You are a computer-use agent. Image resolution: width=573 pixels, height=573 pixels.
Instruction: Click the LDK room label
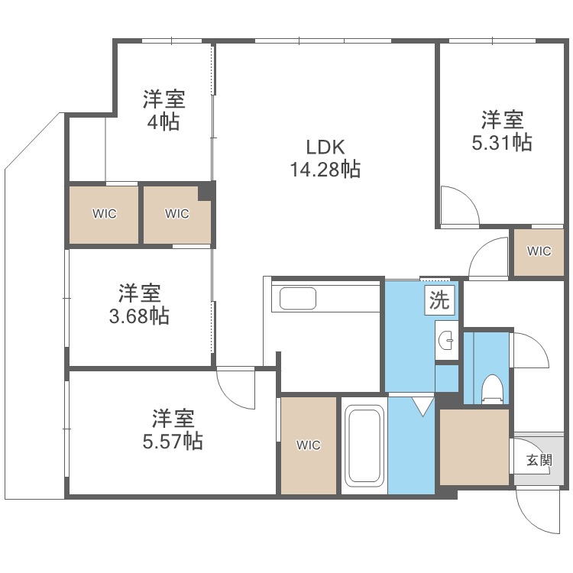point(325,147)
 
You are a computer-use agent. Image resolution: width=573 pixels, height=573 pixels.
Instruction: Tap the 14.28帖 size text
point(325,169)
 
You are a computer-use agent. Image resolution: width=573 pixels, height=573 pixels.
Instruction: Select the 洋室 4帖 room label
point(163,110)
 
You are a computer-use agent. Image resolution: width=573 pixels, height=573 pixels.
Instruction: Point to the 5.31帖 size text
point(502,142)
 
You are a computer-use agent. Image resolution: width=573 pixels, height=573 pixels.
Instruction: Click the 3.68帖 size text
point(139,316)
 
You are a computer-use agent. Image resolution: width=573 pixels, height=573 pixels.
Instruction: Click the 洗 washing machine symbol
point(439,300)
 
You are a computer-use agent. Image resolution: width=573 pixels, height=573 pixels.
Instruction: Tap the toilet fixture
point(490,389)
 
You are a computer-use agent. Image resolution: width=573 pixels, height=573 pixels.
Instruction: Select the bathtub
point(364,446)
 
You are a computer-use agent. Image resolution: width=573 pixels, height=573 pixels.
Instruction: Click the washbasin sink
point(446,341)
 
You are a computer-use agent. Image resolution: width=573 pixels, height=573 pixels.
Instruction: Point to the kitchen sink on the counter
point(298,298)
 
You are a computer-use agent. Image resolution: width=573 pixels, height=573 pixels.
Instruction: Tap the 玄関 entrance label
point(539,460)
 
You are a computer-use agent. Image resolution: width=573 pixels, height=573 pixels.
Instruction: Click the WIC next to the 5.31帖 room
point(539,251)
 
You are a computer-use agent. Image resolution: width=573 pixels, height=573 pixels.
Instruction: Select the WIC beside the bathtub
point(309,445)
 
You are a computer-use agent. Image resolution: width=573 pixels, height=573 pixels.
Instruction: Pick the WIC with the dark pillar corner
point(177,213)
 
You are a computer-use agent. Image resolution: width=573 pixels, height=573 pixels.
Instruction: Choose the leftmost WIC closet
point(105,213)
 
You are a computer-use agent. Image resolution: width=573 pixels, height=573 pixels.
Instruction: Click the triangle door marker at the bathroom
point(422,406)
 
